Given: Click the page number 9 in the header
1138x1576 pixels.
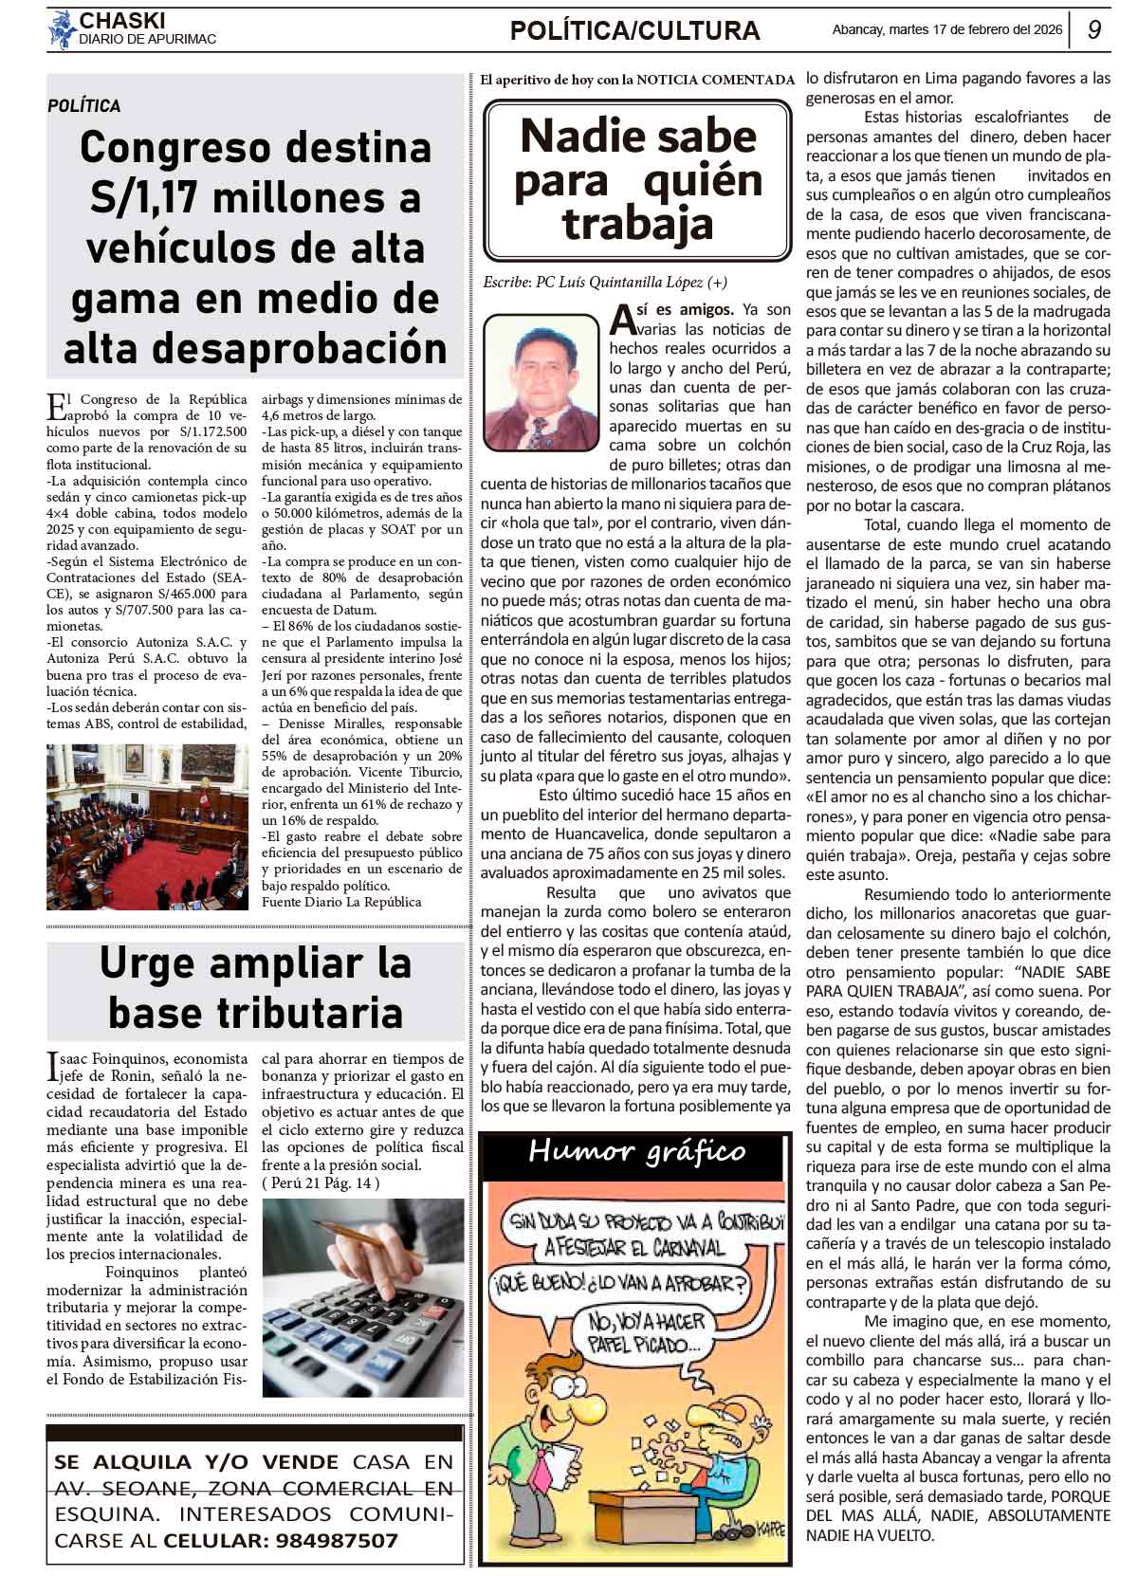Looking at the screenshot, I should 1093,29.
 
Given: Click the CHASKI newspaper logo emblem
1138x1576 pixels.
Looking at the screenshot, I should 62,29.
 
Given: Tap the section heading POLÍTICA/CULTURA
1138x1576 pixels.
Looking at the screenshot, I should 634,31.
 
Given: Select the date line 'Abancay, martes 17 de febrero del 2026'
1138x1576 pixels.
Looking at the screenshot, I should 946,29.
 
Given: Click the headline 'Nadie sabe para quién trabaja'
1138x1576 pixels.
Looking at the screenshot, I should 637,180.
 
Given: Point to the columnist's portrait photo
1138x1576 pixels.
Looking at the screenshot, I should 541,381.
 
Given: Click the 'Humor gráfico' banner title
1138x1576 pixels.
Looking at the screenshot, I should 637,1151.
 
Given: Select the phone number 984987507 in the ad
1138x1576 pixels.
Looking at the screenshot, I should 337,1541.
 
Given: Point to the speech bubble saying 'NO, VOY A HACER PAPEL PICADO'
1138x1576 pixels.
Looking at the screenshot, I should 647,1331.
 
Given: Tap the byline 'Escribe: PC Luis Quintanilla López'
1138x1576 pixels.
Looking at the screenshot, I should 605,282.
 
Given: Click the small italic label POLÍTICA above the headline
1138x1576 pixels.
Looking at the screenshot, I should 84,106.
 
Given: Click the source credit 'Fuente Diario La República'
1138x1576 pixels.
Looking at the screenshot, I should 341,901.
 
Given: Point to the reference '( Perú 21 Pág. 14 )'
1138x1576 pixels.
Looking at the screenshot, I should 321,1182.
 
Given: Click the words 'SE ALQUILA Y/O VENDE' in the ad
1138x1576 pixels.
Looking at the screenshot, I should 196,1461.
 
